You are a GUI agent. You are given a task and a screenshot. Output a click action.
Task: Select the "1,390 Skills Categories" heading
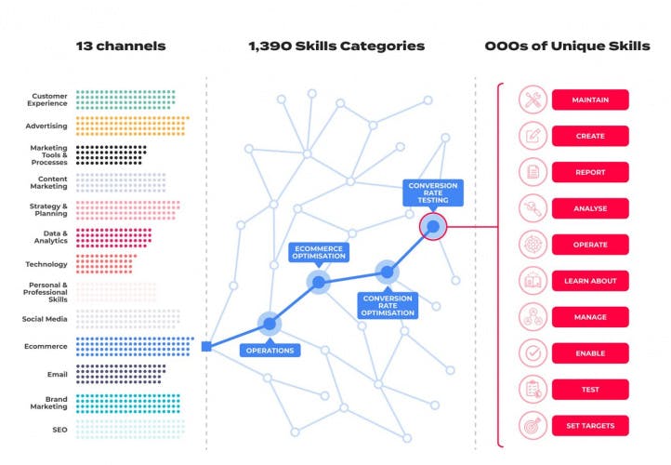click(336, 46)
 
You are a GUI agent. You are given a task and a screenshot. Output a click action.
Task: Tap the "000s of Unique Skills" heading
click(567, 46)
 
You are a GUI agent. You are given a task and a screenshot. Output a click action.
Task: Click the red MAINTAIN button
click(590, 100)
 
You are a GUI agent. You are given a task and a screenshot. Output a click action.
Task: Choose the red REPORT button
click(590, 172)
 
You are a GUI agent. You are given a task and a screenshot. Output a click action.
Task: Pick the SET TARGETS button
click(590, 426)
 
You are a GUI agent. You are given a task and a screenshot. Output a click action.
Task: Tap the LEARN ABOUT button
click(590, 281)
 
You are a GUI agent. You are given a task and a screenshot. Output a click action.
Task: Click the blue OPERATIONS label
click(270, 351)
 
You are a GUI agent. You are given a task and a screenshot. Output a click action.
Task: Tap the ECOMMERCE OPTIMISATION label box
click(319, 253)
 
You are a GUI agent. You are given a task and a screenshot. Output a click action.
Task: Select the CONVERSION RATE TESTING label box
click(433, 193)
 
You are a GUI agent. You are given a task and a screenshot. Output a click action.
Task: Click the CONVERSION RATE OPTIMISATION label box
click(388, 305)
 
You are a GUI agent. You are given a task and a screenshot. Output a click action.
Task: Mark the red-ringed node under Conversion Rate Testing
click(433, 225)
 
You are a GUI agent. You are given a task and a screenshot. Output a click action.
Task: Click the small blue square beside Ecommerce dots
click(206, 347)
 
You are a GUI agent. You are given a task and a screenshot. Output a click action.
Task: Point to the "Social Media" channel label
click(46, 319)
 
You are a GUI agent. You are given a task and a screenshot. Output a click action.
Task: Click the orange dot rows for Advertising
click(131, 126)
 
